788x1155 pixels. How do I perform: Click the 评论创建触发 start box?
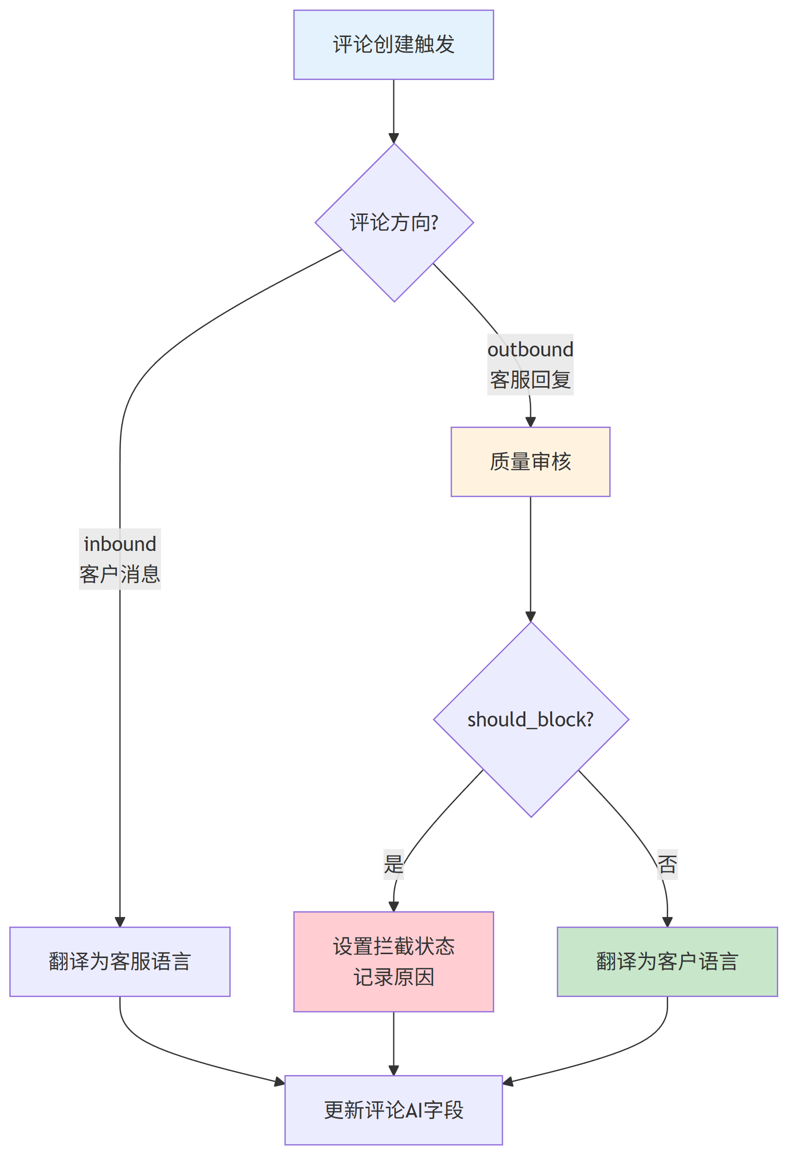(393, 45)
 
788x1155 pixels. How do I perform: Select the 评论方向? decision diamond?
(394, 223)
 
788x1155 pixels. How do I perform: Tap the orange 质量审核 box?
(530, 462)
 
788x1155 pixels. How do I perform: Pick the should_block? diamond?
(531, 720)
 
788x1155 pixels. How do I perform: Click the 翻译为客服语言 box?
(120, 961)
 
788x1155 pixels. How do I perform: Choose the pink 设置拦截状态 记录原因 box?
(393, 961)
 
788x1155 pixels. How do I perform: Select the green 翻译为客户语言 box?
(667, 961)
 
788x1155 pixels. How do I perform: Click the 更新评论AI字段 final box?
(393, 1110)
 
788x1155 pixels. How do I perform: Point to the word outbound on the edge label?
(530, 350)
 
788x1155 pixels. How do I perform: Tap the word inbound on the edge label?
(120, 544)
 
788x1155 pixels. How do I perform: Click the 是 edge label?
(393, 864)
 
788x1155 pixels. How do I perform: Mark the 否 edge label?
(667, 864)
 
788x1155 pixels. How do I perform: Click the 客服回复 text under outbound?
(530, 380)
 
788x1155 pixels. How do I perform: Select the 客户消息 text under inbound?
(120, 574)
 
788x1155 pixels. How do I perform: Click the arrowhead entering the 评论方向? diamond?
(394, 138)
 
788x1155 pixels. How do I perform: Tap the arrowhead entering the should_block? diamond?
(531, 617)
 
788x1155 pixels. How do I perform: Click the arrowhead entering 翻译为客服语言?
(120, 922)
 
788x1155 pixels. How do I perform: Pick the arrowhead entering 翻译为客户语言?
(667, 922)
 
